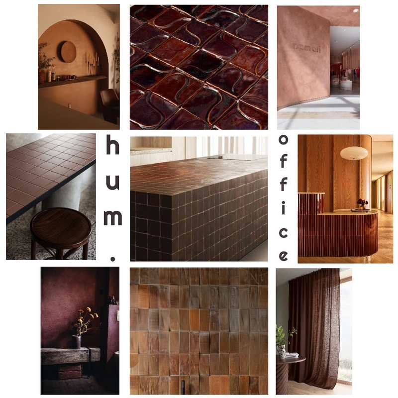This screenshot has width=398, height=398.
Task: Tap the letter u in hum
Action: tap(113, 183)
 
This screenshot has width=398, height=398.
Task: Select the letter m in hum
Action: tap(113, 217)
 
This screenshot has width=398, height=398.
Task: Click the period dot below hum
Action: tap(113, 257)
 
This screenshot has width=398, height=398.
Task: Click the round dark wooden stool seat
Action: tap(61, 228)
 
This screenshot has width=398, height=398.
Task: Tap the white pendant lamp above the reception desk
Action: tap(354, 153)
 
